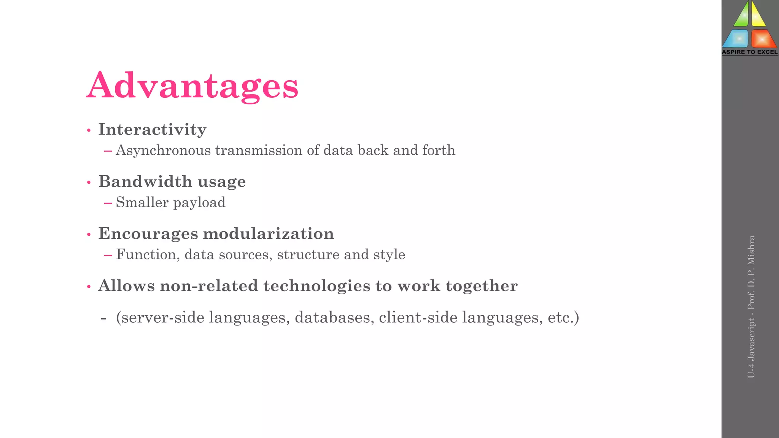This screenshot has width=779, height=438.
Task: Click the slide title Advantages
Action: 192,86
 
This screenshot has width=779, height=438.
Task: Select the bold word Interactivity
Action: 152,130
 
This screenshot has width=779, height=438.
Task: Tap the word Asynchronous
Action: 163,151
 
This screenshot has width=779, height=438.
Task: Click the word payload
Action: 199,203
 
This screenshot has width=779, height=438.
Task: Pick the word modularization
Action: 268,233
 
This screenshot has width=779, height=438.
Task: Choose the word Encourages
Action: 148,233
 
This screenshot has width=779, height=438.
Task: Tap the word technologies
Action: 316,286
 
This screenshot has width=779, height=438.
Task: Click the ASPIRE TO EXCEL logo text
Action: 750,52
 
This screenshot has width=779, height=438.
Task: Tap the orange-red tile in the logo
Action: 763,39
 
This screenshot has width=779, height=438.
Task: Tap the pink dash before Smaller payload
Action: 108,203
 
